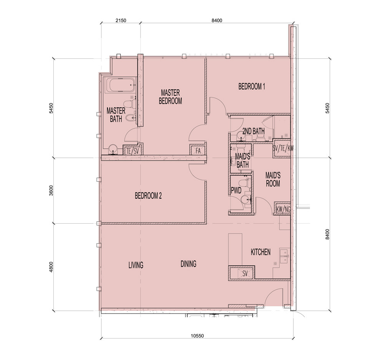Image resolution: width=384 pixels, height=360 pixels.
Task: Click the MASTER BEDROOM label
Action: point(170,97)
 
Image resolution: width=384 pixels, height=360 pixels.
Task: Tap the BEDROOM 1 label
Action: point(252,87)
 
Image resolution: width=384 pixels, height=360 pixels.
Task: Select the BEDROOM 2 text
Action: point(148,196)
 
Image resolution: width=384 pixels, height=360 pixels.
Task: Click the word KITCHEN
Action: point(261,252)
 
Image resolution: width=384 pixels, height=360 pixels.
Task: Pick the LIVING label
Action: point(136,265)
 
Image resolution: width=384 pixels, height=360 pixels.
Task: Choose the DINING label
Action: point(189,264)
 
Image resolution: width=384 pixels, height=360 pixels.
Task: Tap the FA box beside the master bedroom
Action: point(198,151)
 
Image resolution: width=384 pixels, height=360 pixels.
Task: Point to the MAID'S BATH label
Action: point(242,161)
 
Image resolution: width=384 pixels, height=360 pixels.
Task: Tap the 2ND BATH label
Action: point(253,132)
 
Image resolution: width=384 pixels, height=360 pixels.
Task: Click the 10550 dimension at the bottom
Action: point(197,336)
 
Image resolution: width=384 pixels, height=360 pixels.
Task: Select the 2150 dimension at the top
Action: point(121,21)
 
